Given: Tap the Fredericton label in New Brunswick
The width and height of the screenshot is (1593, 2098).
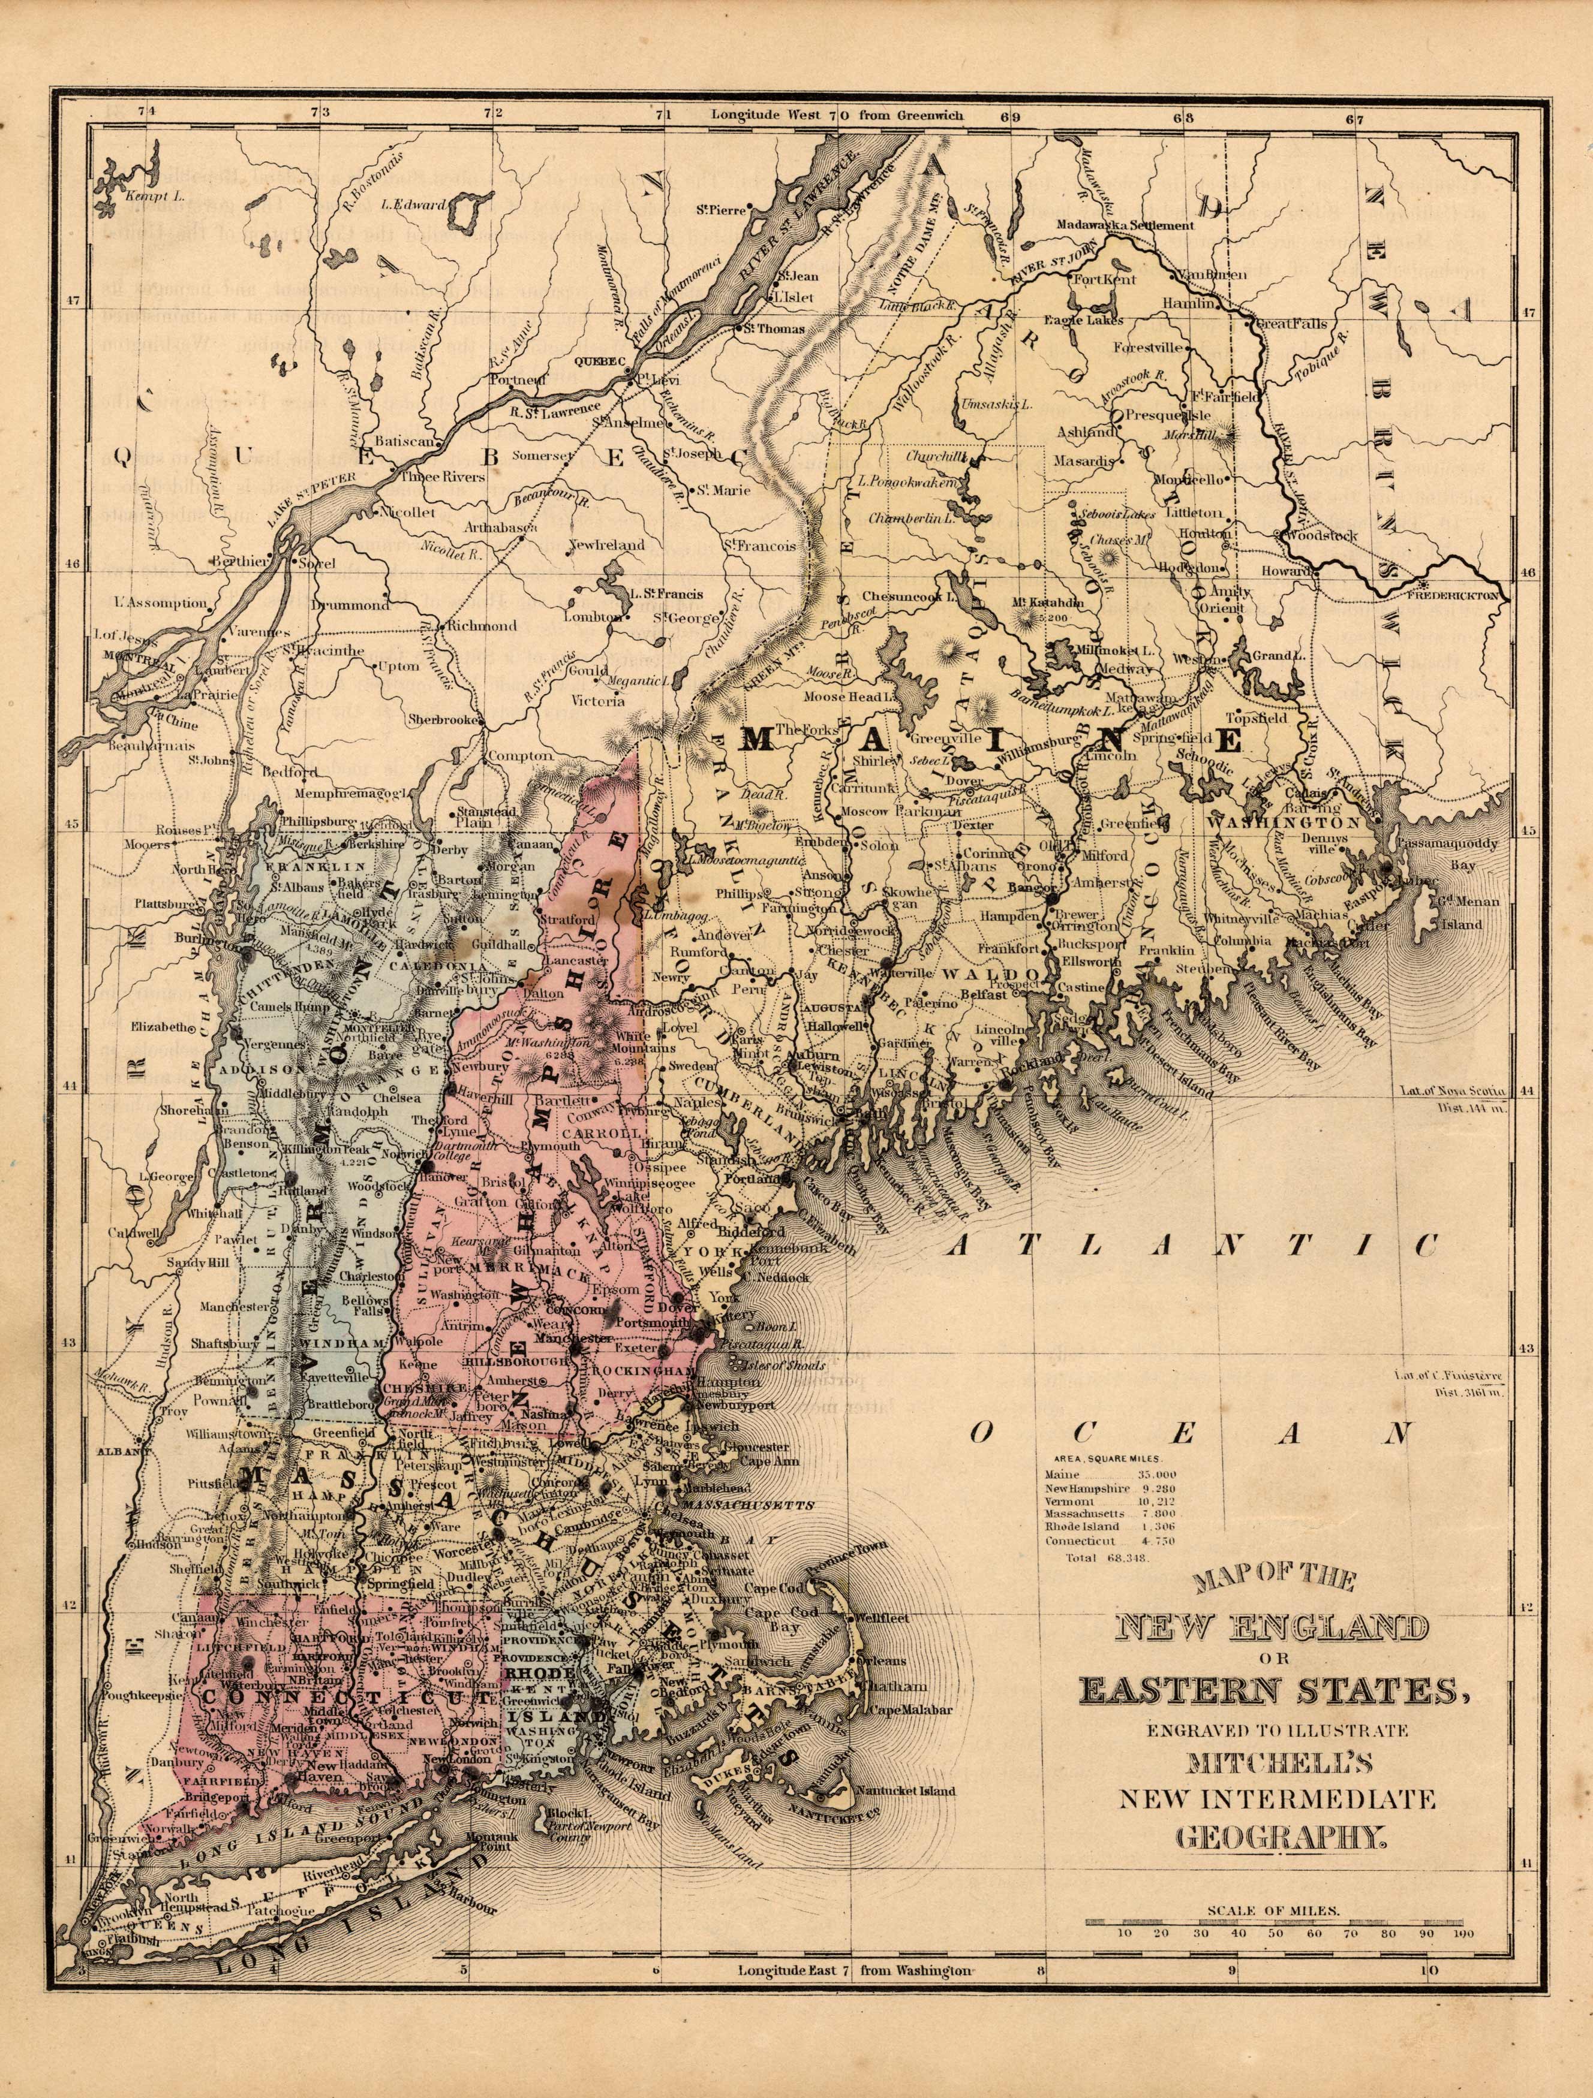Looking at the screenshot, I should tap(1458, 596).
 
